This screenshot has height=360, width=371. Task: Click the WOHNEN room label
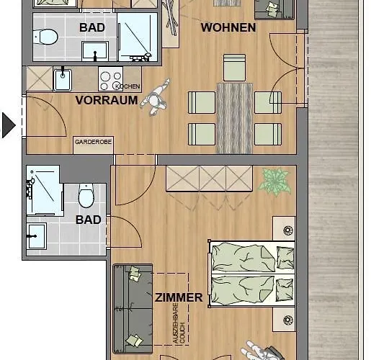(x=228, y=28)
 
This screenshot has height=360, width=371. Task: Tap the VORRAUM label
(x=107, y=100)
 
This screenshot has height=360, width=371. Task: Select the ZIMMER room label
(x=179, y=297)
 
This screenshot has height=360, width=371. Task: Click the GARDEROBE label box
(x=94, y=143)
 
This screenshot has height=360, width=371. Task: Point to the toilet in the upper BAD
(x=48, y=35)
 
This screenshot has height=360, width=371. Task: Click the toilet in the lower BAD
(x=86, y=194)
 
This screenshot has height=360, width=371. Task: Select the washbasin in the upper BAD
(x=94, y=50)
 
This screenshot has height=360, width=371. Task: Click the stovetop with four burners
(x=110, y=78)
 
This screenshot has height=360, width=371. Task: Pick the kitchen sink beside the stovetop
(x=63, y=78)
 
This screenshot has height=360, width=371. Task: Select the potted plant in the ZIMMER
(x=274, y=180)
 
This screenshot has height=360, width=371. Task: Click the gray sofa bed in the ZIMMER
(x=133, y=306)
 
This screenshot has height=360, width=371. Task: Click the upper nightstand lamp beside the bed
(x=288, y=231)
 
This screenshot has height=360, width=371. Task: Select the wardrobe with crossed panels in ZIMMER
(x=209, y=178)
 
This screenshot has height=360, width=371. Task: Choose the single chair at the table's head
(x=234, y=69)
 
